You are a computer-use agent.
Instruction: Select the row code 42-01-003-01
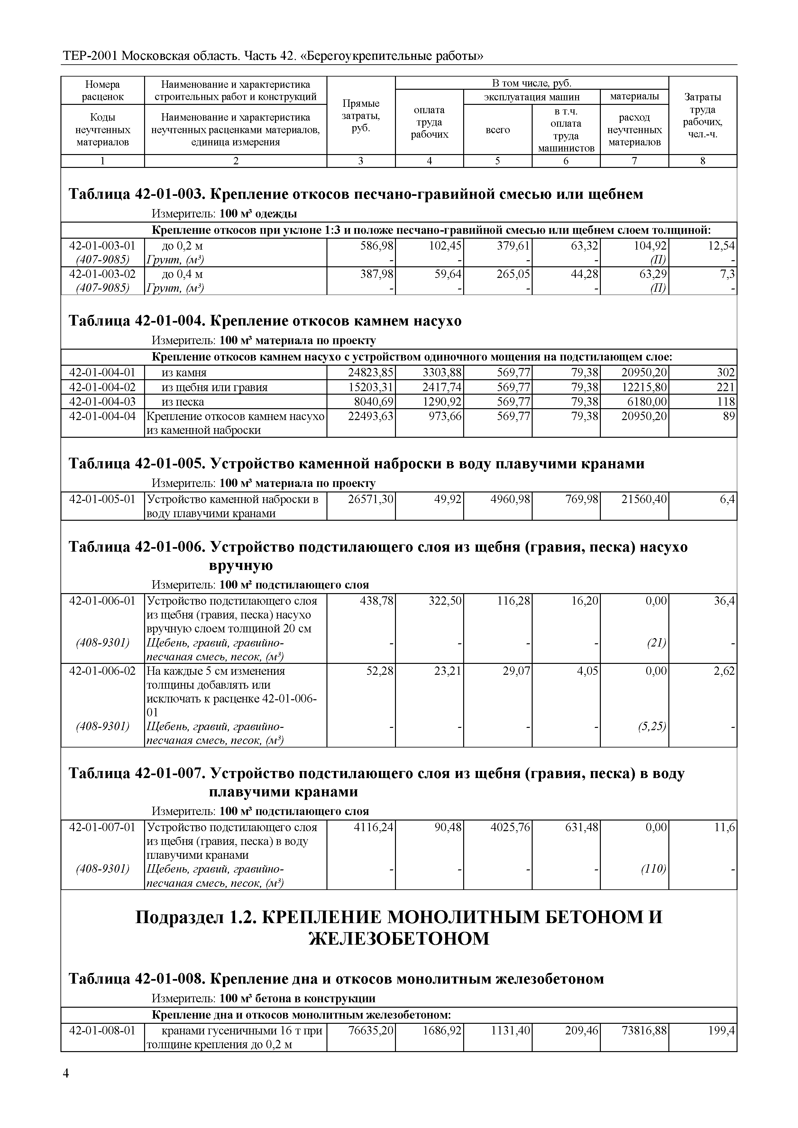[102, 246]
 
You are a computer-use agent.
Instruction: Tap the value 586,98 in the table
[376, 246]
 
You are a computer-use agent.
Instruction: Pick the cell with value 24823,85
[371, 372]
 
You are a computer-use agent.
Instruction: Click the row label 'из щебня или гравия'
[215, 387]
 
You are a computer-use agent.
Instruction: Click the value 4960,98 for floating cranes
[510, 500]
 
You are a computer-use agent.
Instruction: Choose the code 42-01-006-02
[102, 671]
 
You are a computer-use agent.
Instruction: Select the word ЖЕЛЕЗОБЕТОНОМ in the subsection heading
[399, 939]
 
